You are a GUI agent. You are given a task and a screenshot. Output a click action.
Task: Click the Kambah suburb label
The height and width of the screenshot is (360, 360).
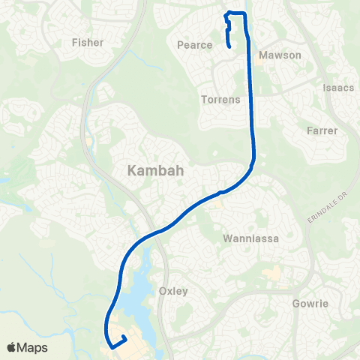[155, 171]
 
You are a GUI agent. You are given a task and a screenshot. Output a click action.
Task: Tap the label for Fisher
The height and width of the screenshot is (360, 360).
[88, 42]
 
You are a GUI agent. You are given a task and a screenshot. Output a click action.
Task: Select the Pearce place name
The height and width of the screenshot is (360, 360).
[195, 45]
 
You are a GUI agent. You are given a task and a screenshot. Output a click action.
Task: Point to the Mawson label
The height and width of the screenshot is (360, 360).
[280, 55]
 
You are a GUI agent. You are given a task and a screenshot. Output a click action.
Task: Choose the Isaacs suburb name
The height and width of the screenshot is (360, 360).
[338, 88]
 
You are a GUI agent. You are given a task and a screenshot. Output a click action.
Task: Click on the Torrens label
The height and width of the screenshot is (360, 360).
[219, 99]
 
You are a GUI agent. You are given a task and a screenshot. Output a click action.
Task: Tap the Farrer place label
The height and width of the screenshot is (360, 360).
[322, 130]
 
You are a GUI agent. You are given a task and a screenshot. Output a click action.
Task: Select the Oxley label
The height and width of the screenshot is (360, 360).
[173, 291]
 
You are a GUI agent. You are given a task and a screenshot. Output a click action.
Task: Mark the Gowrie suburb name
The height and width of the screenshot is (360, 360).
[310, 304]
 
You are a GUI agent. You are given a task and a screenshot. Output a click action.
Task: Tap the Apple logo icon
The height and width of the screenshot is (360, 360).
[12, 347]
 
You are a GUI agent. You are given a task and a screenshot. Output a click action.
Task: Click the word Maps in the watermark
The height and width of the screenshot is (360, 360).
[33, 347]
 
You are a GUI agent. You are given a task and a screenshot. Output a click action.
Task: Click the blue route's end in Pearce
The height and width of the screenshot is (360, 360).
[228, 46]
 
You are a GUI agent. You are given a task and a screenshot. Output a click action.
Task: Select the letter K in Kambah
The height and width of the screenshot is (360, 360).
[133, 171]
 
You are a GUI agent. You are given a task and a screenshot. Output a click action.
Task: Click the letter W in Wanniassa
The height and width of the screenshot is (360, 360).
[228, 238]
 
